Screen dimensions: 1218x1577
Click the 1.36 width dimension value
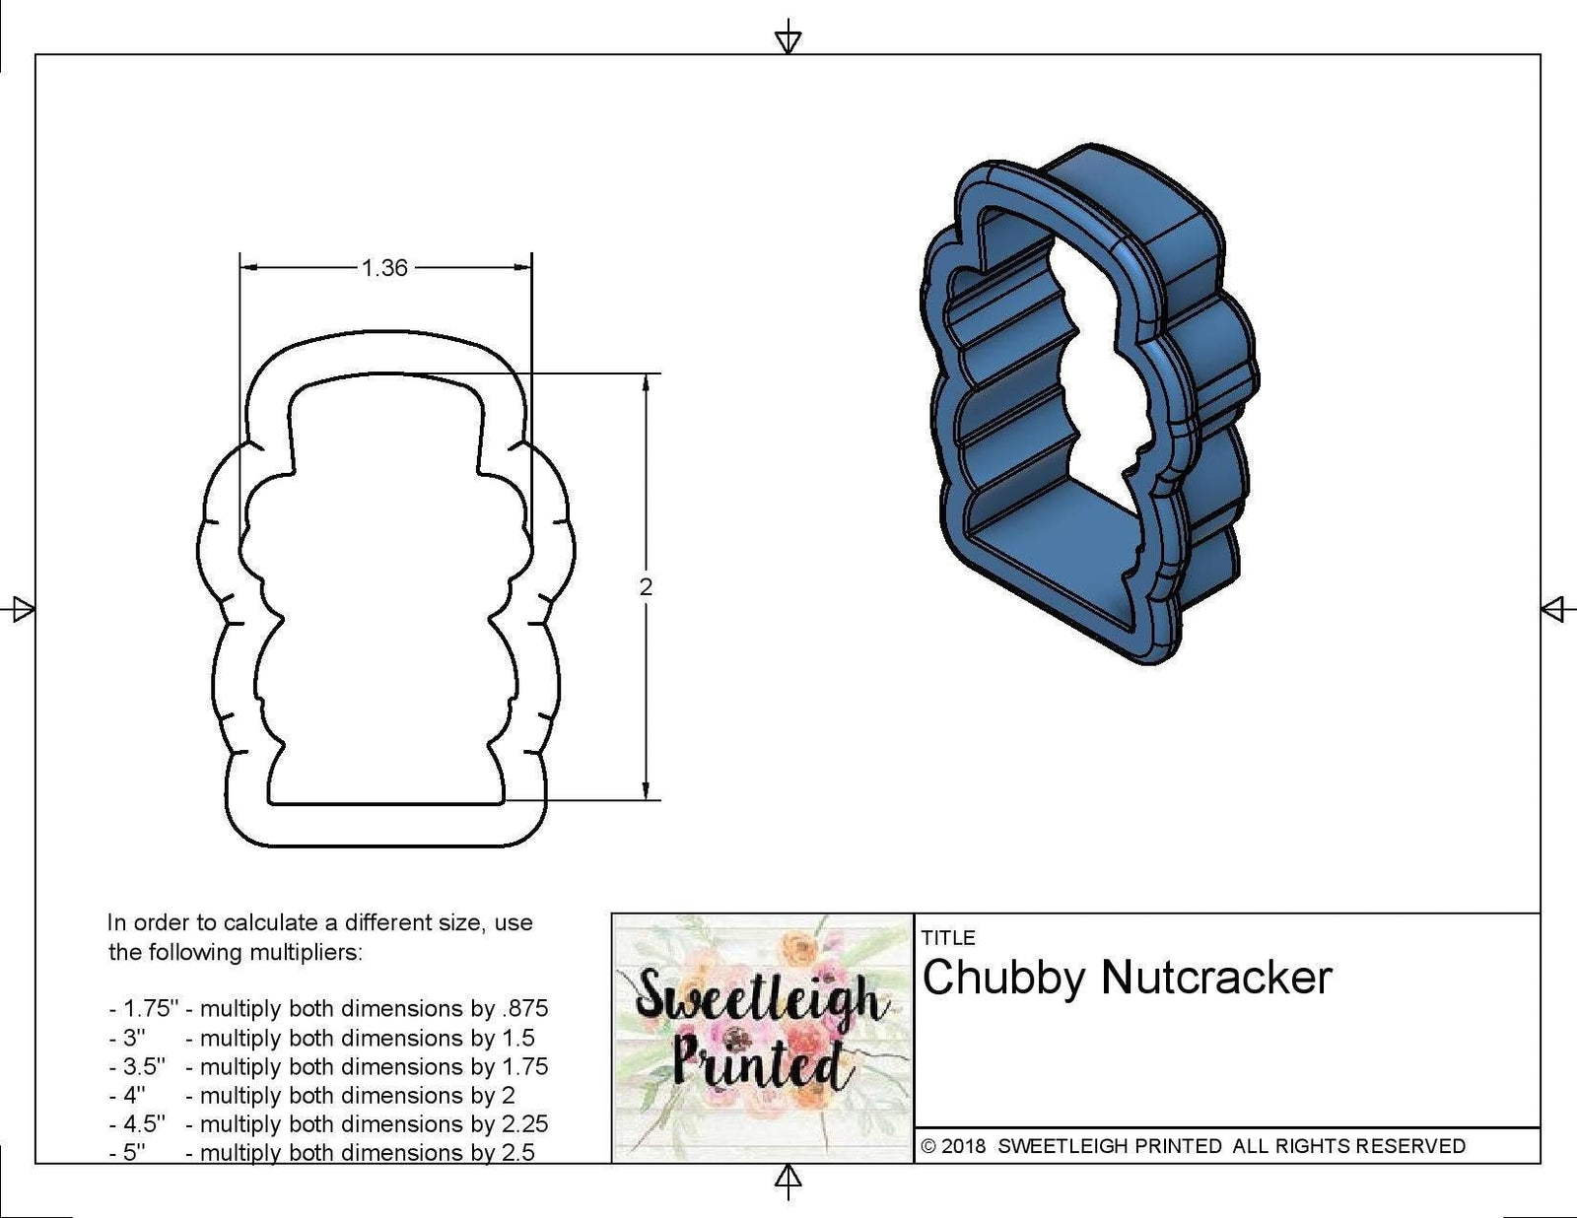point(384,268)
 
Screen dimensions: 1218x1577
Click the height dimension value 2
point(646,587)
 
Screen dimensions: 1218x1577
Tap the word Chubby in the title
point(1004,978)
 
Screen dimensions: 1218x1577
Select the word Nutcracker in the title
point(1216,978)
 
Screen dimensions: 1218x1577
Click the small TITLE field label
point(948,937)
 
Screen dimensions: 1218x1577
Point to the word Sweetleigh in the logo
point(756,998)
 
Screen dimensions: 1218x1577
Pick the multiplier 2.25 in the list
point(524,1124)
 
